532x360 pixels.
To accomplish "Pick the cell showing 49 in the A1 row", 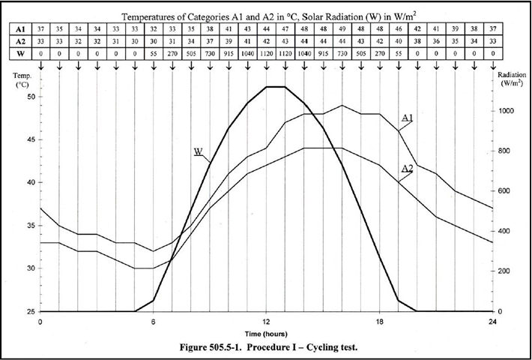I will pos(342,28).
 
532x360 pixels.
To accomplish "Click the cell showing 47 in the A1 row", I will pos(285,28).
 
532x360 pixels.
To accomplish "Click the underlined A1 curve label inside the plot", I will pos(407,118).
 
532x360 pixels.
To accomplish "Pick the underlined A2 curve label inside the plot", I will pos(407,169).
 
